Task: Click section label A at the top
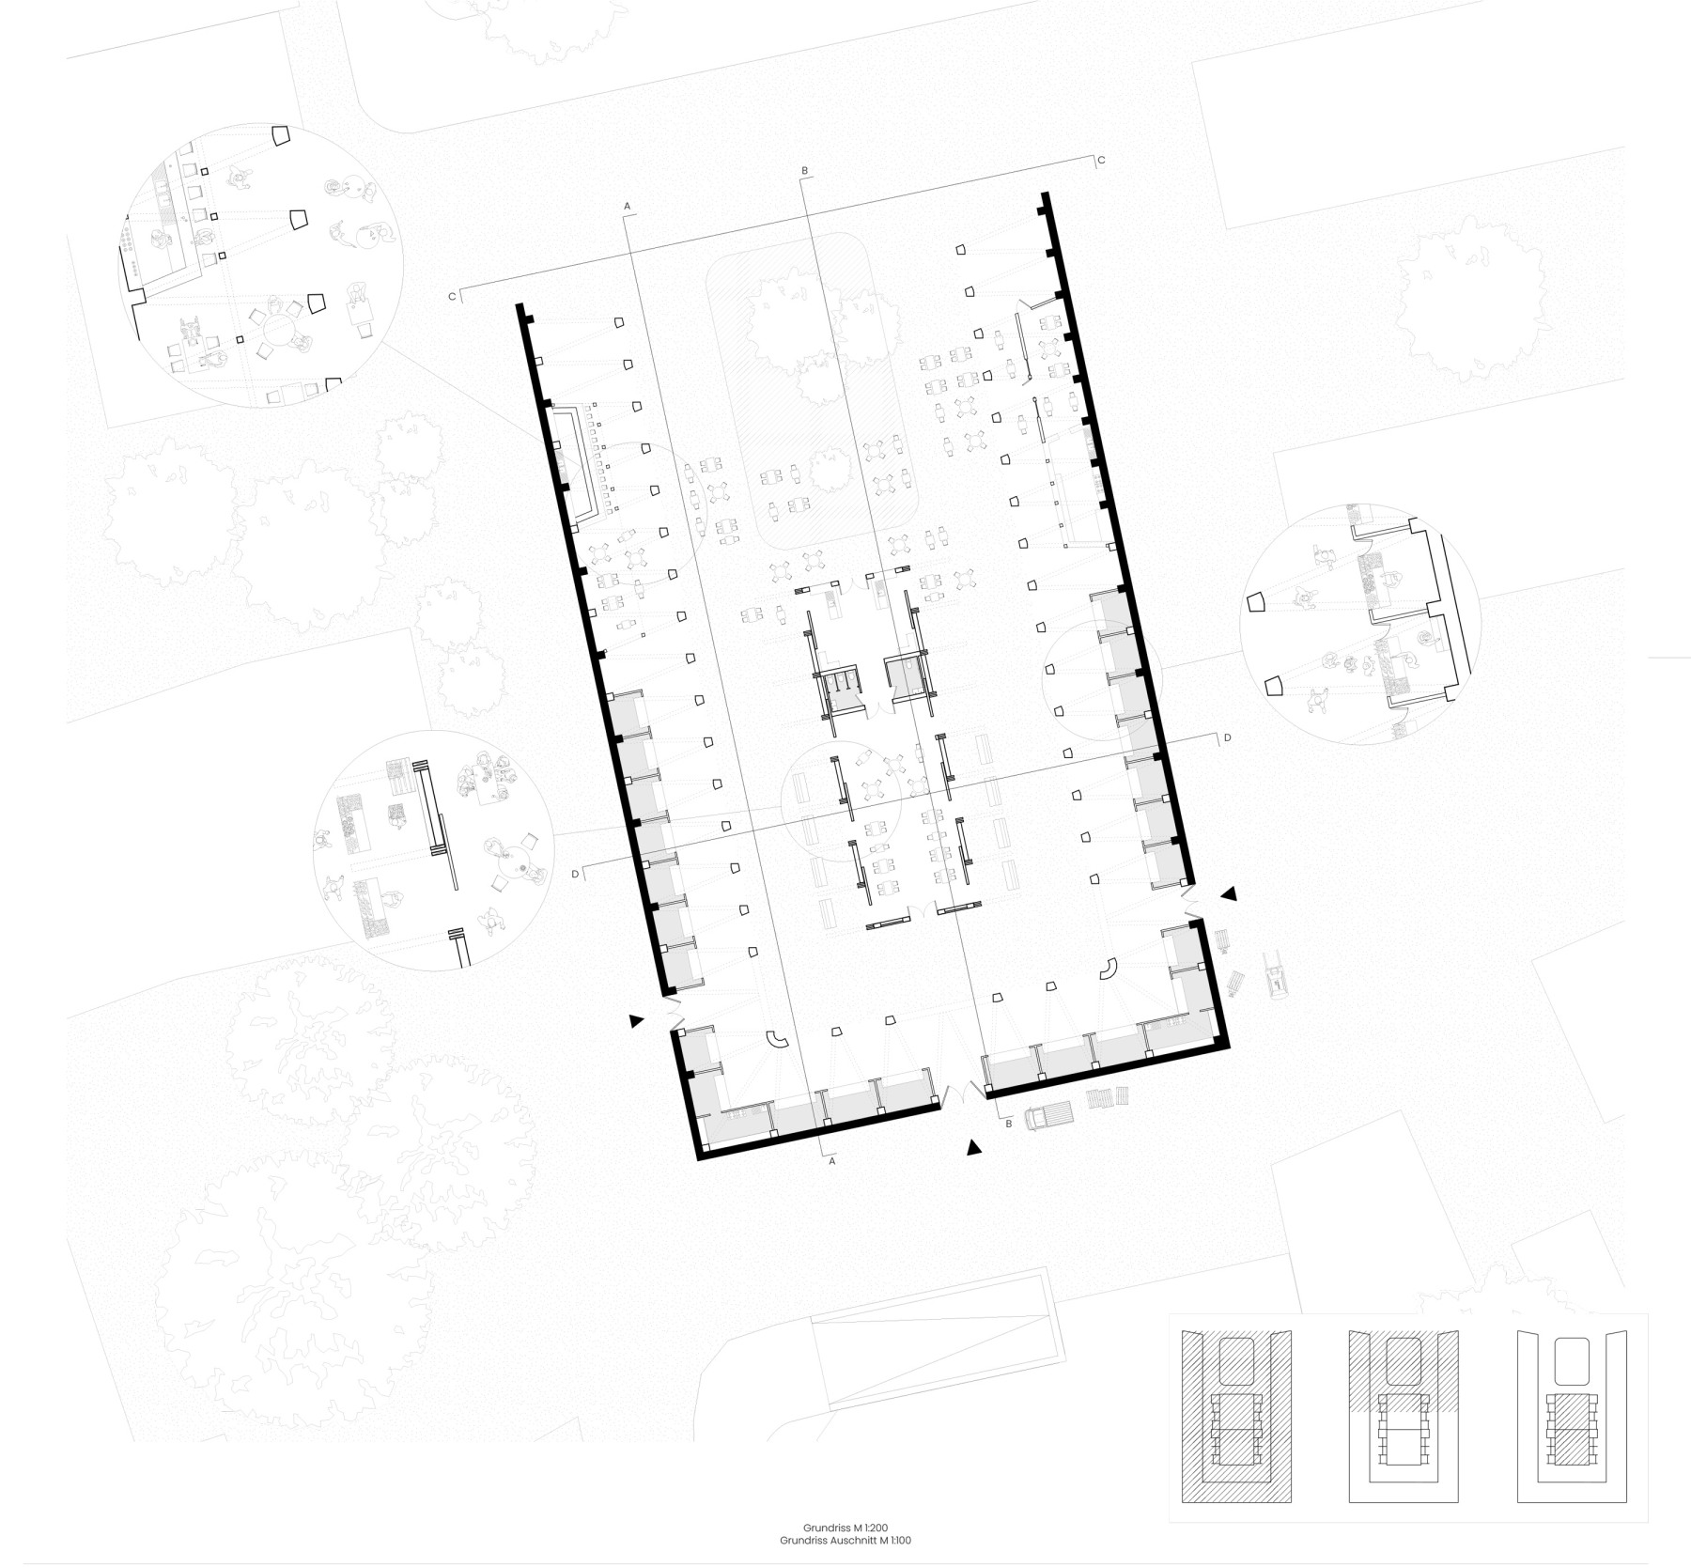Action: tap(628, 205)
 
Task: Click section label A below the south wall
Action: tap(831, 1161)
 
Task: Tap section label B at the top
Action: tap(804, 171)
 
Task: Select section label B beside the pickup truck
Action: tap(1009, 1124)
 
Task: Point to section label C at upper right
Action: tap(1101, 161)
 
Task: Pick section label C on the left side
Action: tap(452, 297)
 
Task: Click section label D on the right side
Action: tap(1227, 738)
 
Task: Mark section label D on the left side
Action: tap(576, 875)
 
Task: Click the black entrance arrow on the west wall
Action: tap(638, 1020)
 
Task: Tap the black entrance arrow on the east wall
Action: tap(1229, 894)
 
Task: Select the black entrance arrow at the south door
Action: tap(974, 1146)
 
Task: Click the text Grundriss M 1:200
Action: tap(845, 1528)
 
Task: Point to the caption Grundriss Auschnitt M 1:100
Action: tap(845, 1541)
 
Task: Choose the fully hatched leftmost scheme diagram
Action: tap(1235, 1416)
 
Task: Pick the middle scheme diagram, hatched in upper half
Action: tap(1404, 1416)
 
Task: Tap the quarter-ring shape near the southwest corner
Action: tap(777, 1039)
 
